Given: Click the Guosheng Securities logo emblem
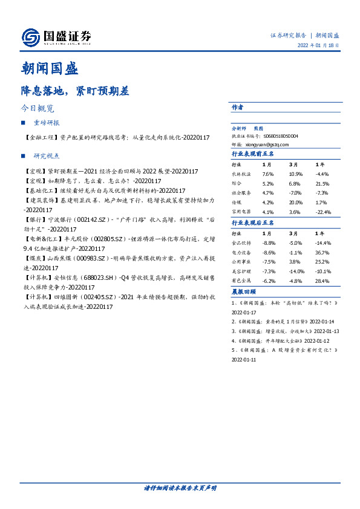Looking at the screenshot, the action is coord(30,37).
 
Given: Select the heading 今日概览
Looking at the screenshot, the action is coord(38,109).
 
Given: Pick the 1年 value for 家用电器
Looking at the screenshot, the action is coord(324,212).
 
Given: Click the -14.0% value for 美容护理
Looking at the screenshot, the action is coord(296,271).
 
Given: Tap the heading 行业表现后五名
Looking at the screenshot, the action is coord(253,223).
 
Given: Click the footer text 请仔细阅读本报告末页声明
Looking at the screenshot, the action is coord(180,487).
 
